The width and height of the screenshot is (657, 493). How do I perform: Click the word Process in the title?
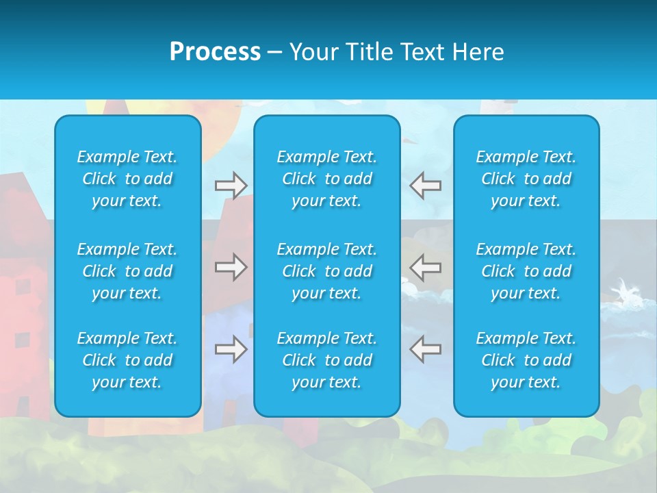215,52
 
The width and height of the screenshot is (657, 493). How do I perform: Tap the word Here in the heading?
478,52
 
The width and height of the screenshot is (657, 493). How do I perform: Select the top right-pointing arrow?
231,186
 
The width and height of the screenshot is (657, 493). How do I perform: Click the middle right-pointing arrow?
231,266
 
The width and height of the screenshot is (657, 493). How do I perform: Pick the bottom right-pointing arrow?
231,349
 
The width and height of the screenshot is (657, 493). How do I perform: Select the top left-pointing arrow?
426,186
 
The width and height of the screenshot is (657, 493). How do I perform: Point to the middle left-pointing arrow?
426,266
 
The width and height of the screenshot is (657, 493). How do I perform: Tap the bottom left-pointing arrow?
426,349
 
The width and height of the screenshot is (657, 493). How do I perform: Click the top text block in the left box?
127,179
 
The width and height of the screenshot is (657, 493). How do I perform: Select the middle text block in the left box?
127,271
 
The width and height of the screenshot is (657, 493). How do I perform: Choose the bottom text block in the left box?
127,360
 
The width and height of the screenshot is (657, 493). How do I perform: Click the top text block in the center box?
327,179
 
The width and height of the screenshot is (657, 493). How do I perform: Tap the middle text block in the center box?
327,271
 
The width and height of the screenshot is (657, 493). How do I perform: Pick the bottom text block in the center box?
327,360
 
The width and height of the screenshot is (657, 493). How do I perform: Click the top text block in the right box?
526,179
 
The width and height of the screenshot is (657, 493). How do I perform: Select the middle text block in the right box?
526,271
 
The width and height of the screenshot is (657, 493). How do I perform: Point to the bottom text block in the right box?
526,360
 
